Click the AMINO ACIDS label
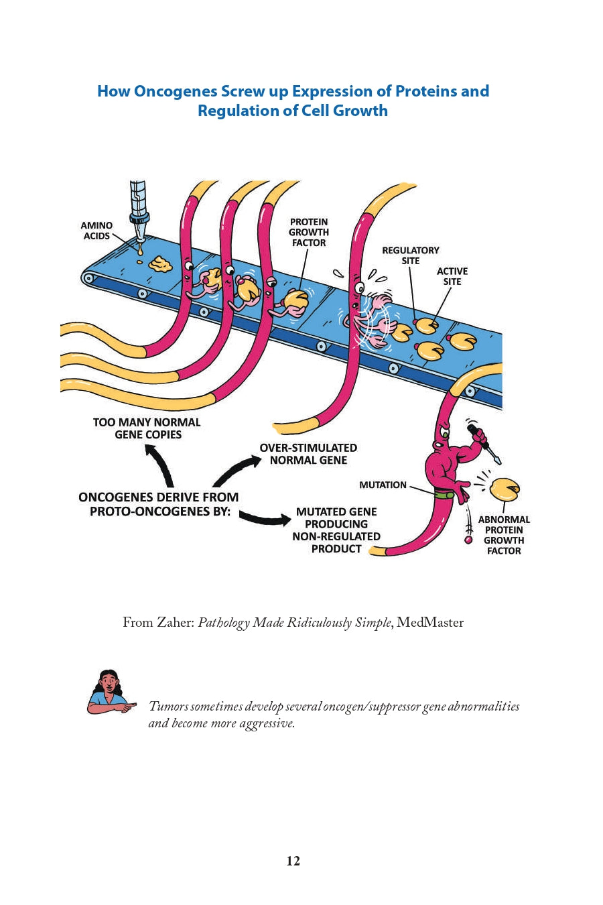pyautogui.click(x=96, y=231)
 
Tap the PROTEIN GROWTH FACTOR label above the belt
pyautogui.click(x=309, y=232)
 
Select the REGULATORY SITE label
pyautogui.click(x=411, y=255)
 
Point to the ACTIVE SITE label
pyautogui.click(x=452, y=276)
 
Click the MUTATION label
pyautogui.click(x=383, y=485)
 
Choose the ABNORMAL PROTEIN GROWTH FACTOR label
pyautogui.click(x=504, y=535)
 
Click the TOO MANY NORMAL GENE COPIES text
pyautogui.click(x=147, y=428)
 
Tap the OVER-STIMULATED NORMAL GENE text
pyautogui.click(x=308, y=454)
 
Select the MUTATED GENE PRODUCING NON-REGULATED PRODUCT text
pyautogui.click(x=336, y=530)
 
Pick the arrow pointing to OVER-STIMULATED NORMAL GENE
pyautogui.click(x=238, y=469)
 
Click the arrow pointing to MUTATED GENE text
pyautogui.click(x=265, y=517)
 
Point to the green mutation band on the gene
pyautogui.click(x=442, y=495)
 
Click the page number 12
pyautogui.click(x=293, y=861)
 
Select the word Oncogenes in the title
pyautogui.click(x=176, y=91)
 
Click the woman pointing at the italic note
pyautogui.click(x=109, y=692)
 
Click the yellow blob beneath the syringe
pyautogui.click(x=160, y=263)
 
